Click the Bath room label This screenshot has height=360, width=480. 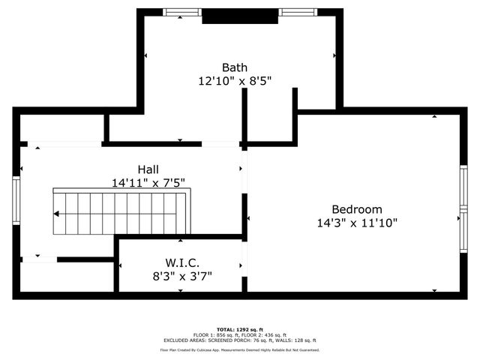click(x=234, y=67)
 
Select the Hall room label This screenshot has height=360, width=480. click(x=148, y=169)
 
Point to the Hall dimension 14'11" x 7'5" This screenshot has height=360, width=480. click(x=148, y=182)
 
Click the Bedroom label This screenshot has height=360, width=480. click(x=357, y=209)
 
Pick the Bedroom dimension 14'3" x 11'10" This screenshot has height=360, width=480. click(x=357, y=222)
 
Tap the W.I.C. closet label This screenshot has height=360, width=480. click(x=181, y=262)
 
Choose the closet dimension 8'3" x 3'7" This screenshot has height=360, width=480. click(x=181, y=275)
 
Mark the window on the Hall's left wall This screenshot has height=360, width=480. click(x=16, y=200)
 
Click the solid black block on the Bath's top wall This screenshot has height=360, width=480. click(x=231, y=15)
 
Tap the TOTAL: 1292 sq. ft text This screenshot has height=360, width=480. click(x=240, y=329)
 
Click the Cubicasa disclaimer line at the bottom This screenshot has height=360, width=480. click(x=240, y=349)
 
